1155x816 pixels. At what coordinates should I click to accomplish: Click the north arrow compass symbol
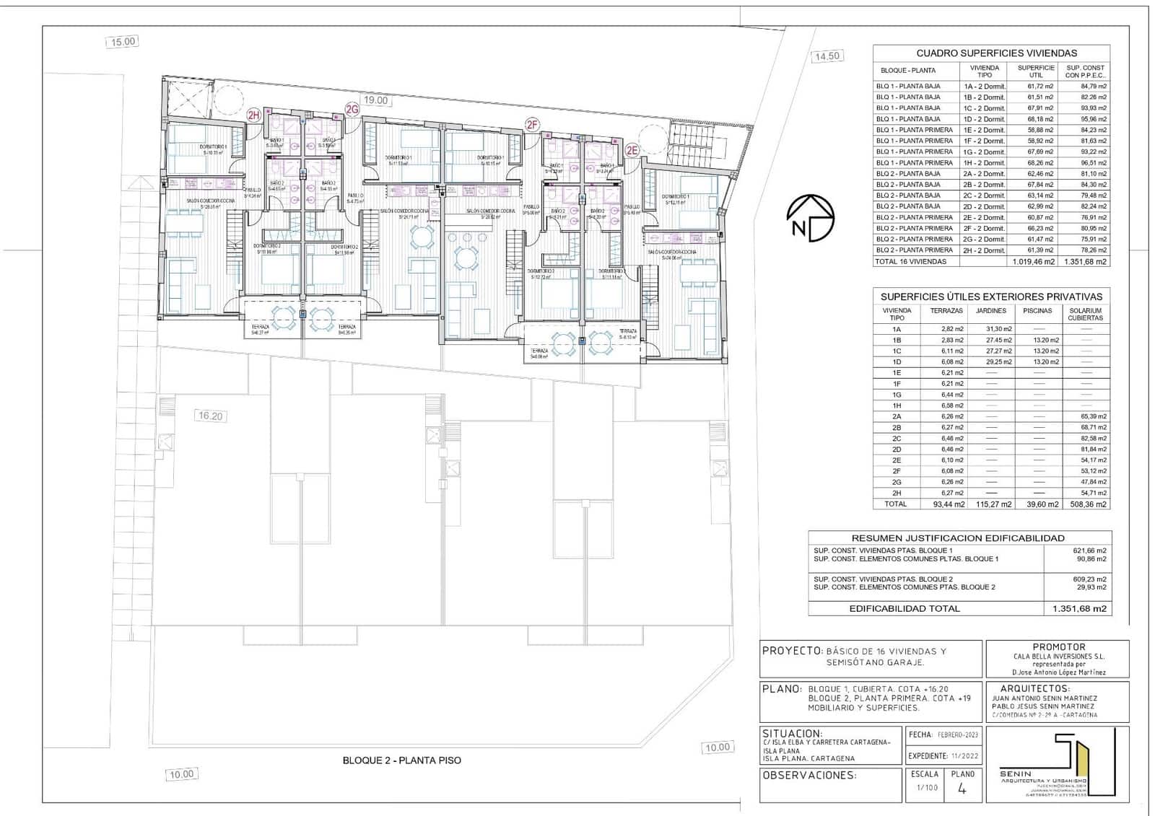tap(811, 218)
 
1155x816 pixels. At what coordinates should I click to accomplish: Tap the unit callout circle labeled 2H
tap(253, 115)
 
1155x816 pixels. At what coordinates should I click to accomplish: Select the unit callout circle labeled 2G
tap(352, 110)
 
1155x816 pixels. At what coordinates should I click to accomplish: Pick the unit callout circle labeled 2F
tap(532, 125)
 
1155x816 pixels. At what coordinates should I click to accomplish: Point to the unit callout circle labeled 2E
tap(632, 151)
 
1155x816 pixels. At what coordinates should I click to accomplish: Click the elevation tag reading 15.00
tap(123, 42)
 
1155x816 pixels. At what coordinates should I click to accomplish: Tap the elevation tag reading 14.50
tap(826, 56)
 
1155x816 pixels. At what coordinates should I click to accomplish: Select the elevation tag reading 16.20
tap(210, 416)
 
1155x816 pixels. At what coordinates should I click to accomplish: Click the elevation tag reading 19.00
tap(375, 100)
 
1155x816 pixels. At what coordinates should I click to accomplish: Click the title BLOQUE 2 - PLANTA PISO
tap(401, 760)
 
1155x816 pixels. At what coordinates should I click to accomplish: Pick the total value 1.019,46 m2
tap(1034, 262)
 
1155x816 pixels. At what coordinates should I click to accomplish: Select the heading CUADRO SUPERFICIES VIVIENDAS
tap(996, 53)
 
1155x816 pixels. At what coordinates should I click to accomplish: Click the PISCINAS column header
tap(1037, 311)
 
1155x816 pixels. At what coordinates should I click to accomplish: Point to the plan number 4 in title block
tap(962, 789)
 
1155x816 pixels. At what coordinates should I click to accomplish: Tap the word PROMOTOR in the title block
tap(1058, 647)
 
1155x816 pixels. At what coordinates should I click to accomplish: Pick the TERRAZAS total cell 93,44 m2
tap(947, 504)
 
